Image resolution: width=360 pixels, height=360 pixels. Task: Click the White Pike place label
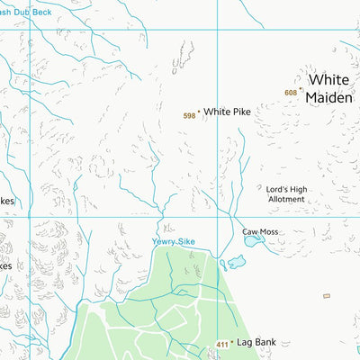coord(226,112)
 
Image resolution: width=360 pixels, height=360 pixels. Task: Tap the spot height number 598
coord(189,116)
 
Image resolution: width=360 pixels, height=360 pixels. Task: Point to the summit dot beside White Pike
coord(199,112)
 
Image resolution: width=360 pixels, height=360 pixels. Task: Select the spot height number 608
coord(290,93)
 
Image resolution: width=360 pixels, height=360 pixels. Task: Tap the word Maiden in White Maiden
coord(329,97)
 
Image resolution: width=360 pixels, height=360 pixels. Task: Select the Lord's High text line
coord(286,189)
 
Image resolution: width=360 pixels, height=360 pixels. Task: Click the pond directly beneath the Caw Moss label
coord(254,240)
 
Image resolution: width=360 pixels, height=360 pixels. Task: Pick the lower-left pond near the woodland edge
coord(236,262)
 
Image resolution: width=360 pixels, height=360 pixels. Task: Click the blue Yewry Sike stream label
coord(173,242)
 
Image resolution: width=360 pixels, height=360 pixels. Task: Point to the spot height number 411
coord(222,346)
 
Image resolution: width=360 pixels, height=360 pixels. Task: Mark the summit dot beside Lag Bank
coord(231,342)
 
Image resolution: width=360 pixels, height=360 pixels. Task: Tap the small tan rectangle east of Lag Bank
coord(327,296)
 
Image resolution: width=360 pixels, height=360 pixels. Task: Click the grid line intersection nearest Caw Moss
coord(217,217)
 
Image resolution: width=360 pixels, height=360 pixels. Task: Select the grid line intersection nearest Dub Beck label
coord(30,30)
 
